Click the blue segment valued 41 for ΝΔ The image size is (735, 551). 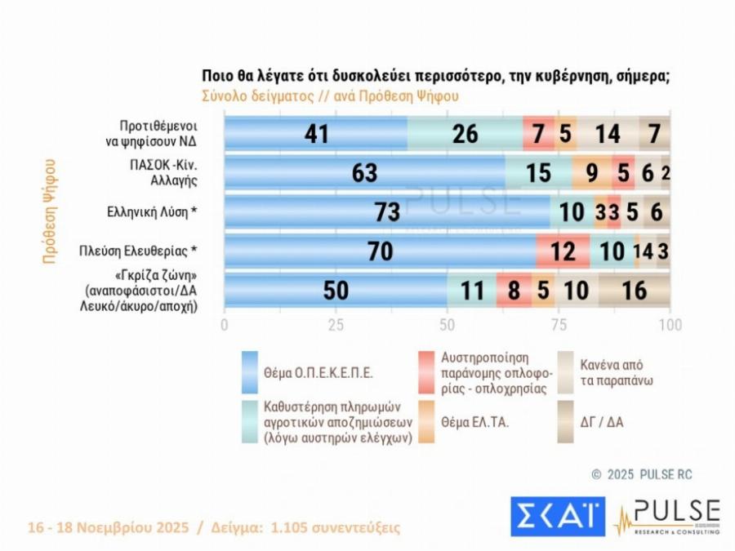pyautogui.click(x=315, y=133)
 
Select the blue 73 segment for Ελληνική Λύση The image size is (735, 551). pyautogui.click(x=386, y=211)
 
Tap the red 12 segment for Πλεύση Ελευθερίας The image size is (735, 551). pyautogui.click(x=563, y=251)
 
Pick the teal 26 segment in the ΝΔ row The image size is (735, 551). pyautogui.click(x=465, y=133)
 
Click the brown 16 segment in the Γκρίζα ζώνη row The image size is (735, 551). pyautogui.click(x=634, y=290)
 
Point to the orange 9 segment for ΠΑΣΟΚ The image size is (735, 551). pyautogui.click(x=591, y=172)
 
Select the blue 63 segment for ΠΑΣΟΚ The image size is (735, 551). pyautogui.click(x=364, y=172)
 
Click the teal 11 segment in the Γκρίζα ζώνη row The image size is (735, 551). pyautogui.click(x=471, y=290)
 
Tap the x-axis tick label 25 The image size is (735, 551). pyautogui.click(x=336, y=325)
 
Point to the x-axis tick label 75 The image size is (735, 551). pyautogui.click(x=559, y=325)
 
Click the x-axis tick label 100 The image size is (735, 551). pyautogui.click(x=670, y=325)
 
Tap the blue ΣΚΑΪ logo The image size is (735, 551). pyautogui.click(x=557, y=517)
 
